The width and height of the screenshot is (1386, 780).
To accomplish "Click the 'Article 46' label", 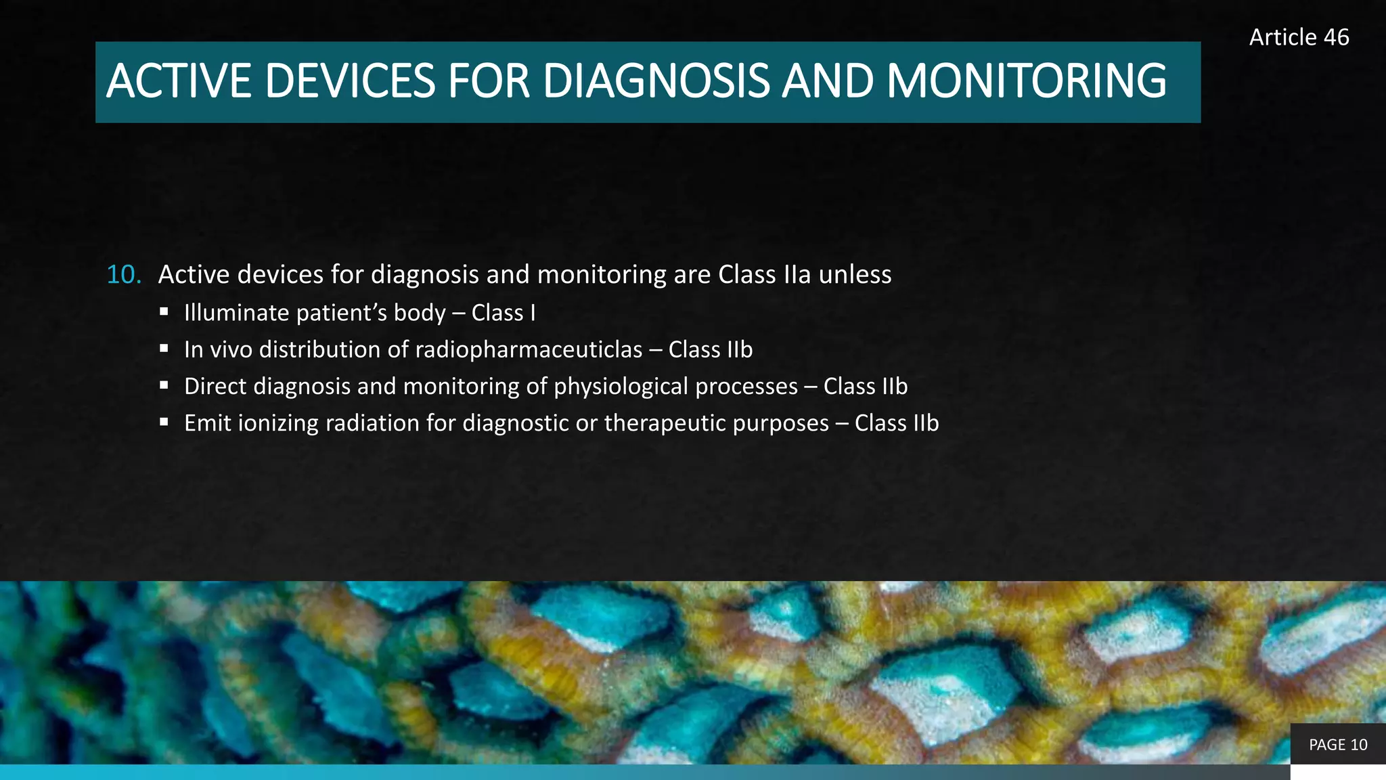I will point(1299,37).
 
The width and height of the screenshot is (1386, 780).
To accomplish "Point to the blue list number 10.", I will point(124,275).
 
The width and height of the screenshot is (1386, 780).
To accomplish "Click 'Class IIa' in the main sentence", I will point(764,275).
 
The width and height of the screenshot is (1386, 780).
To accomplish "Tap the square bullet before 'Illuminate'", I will point(164,312).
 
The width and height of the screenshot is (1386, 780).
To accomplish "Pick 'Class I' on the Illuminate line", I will point(503,313).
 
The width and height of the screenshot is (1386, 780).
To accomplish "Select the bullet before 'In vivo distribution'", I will point(164,349).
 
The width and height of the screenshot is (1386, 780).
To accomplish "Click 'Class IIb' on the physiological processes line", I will point(865,387).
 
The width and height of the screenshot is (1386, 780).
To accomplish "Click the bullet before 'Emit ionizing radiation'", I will point(164,422).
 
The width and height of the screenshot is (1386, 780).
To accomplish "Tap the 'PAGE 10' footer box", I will point(1338,745).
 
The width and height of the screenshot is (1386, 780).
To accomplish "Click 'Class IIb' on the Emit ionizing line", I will point(896,423).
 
